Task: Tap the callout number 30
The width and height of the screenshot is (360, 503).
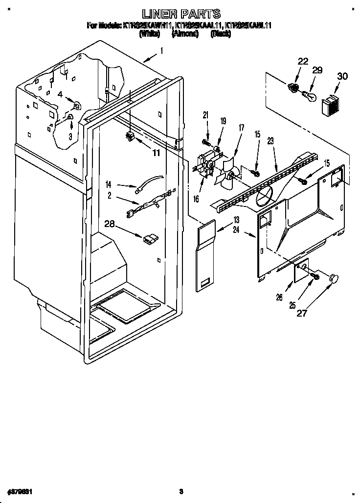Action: click(342, 76)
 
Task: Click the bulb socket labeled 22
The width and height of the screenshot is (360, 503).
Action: click(294, 89)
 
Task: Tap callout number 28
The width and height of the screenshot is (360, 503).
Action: click(111, 224)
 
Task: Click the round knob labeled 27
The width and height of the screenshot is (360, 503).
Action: click(334, 278)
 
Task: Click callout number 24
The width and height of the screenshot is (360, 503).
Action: click(236, 229)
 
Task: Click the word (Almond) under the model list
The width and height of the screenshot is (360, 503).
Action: click(184, 34)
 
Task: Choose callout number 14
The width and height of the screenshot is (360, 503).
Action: click(109, 184)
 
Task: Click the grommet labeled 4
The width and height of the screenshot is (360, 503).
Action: click(76, 105)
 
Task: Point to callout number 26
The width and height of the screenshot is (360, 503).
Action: click(279, 297)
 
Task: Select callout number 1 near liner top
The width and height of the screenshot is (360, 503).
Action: click(162, 50)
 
